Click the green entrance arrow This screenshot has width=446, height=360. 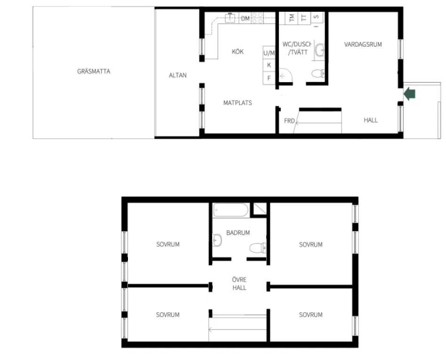coord(410,94)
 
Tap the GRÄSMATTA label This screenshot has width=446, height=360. coord(94,71)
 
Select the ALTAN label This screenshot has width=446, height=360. coord(178,75)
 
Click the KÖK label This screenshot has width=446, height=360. coord(238,51)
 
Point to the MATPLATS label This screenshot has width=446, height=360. coord(238,103)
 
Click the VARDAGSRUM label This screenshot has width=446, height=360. coord(363,44)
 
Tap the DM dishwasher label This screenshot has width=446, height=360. coord(245,18)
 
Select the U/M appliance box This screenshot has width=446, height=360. coord(269,53)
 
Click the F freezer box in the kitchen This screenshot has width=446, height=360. coord(269,78)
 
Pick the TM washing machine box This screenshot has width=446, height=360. coord(292,18)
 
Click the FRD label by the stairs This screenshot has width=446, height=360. coord(289,121)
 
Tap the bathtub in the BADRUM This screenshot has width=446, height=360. coord(231,210)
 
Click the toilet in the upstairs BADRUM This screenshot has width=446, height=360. coord(258,248)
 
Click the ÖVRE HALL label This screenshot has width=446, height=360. coord(239,283)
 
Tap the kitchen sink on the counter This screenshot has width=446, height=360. coord(230,18)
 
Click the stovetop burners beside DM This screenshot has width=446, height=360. coord(257,18)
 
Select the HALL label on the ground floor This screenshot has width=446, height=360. coord(371,120)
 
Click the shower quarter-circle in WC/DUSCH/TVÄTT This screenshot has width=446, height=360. coord(286,75)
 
